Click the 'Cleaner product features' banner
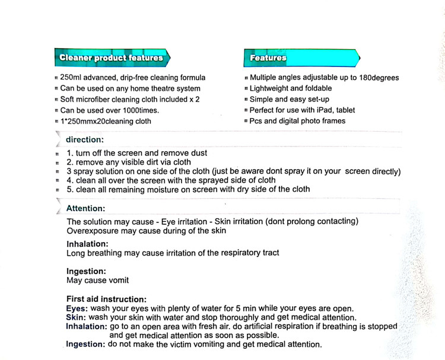[111, 58]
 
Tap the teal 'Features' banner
[268, 58]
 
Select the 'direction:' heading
[84, 140]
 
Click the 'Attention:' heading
[86, 209]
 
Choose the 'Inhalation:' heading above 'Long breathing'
[87, 244]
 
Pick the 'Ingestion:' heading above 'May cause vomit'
[87, 272]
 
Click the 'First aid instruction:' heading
[106, 300]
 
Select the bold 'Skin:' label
[75, 317]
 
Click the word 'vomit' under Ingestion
[117, 281]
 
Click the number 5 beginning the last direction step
[69, 189]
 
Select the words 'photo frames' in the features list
[322, 121]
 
